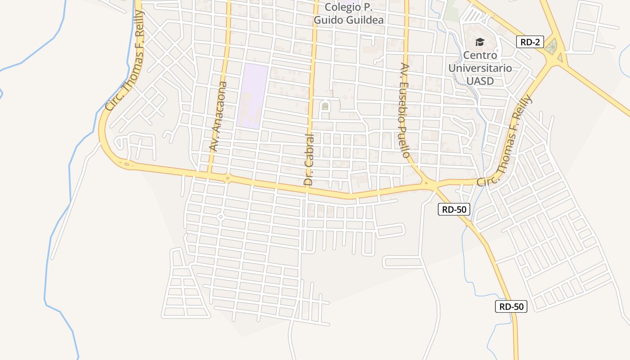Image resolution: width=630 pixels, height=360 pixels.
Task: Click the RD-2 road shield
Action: [530, 42]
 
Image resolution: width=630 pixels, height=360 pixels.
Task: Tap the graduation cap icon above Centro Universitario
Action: [480, 42]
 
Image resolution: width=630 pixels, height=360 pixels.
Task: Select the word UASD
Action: [480, 81]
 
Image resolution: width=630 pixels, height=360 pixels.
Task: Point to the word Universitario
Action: [480, 68]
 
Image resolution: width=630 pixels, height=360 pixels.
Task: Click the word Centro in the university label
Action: [480, 55]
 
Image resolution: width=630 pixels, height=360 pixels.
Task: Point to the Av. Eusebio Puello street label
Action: [405, 111]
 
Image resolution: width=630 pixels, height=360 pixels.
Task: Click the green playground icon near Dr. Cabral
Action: [324, 106]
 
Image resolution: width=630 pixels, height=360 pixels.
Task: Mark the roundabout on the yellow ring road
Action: [228, 178]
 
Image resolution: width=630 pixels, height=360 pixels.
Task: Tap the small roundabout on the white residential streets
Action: [220, 217]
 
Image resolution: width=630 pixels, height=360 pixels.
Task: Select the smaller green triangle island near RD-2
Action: [560, 57]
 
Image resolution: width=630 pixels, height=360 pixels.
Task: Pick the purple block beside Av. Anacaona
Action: [252, 96]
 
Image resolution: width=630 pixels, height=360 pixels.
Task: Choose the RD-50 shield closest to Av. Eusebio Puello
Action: [454, 209]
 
